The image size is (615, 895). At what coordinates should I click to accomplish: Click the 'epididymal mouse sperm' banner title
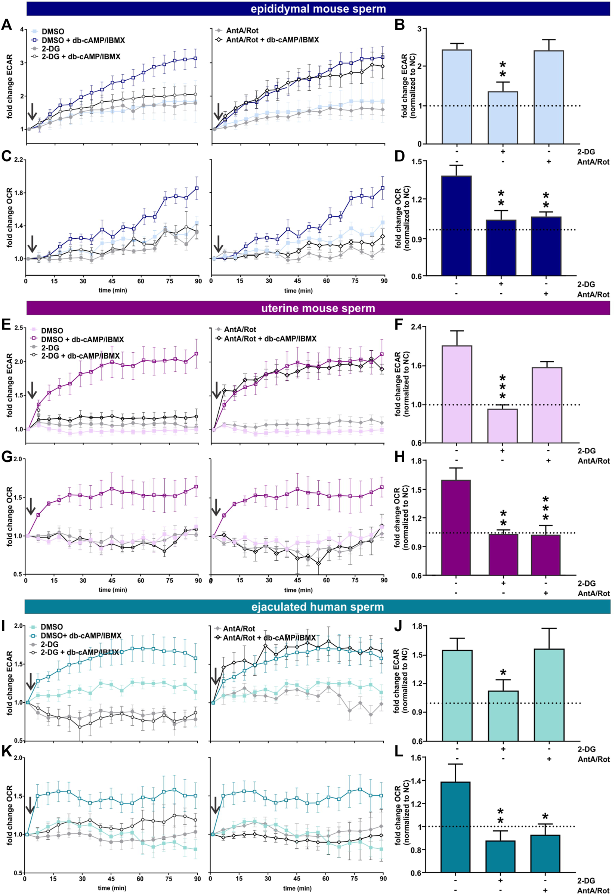(318, 9)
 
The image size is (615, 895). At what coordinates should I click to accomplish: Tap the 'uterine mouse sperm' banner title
(318, 308)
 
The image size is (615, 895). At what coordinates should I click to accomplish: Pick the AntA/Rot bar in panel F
(547, 405)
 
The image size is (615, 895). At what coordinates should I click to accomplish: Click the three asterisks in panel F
(502, 387)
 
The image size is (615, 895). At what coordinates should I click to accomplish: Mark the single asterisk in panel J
(503, 673)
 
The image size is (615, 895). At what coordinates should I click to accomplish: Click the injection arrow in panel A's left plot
(33, 111)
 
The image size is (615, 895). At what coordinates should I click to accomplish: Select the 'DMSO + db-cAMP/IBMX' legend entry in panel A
(83, 40)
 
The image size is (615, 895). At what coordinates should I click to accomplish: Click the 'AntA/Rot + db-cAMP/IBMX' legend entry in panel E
(270, 339)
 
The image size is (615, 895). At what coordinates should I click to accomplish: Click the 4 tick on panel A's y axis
(22, 29)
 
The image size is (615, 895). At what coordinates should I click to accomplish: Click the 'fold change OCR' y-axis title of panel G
(10, 517)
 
